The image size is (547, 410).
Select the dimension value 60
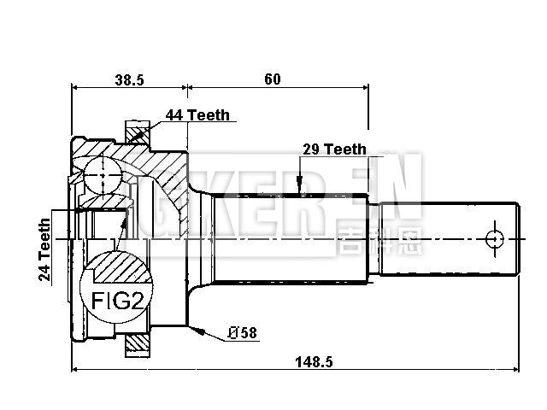click(272, 79)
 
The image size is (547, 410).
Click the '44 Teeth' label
click(197, 115)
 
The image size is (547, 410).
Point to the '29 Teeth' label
click(334, 149)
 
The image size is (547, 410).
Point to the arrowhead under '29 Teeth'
click(298, 186)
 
